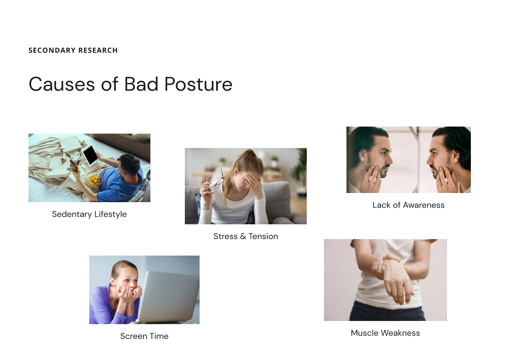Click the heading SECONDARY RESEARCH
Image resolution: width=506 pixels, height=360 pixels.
(x=73, y=50)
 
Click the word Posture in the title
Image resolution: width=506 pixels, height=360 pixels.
(x=198, y=84)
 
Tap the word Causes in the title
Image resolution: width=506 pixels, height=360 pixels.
(x=62, y=84)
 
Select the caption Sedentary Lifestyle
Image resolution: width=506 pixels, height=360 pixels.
(x=89, y=214)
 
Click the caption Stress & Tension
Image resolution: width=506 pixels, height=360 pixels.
(x=246, y=236)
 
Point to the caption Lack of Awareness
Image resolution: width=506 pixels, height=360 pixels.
(x=408, y=205)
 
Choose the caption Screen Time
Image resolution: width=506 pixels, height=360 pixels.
(x=144, y=336)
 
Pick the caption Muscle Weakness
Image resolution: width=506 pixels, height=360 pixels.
(x=385, y=333)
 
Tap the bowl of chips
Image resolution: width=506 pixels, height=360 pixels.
(x=93, y=179)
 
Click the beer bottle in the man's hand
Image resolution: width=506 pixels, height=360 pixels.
(x=74, y=166)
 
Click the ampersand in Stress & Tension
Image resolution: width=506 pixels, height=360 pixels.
(x=243, y=236)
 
